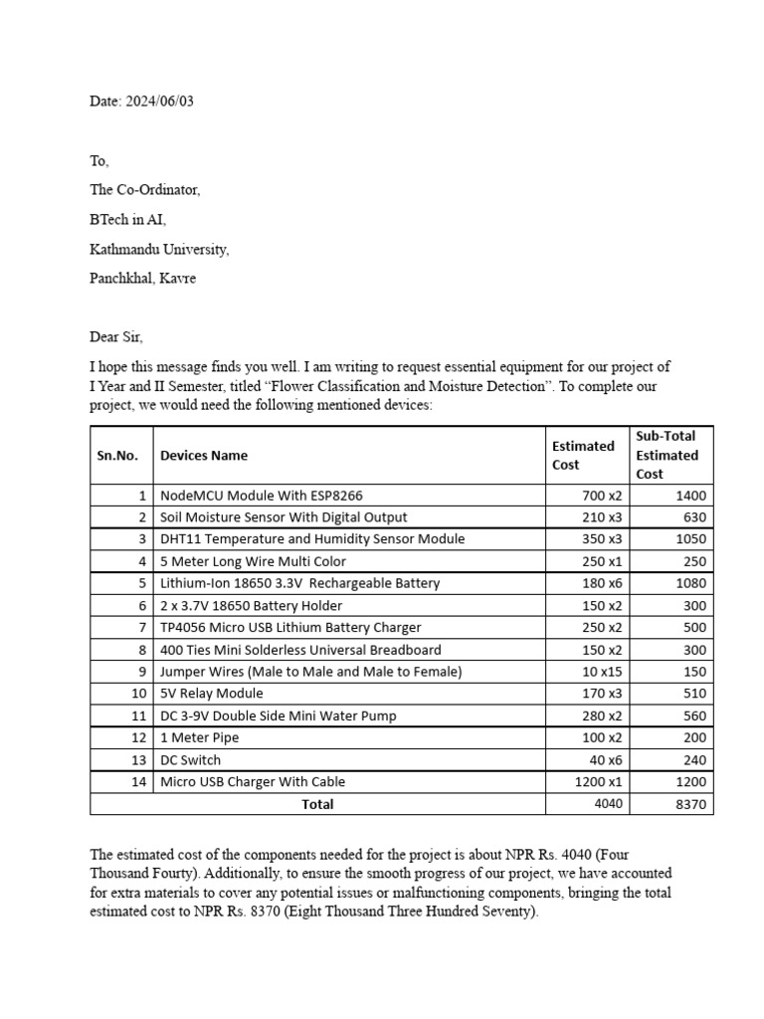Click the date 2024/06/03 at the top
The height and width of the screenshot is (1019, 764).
tap(160, 102)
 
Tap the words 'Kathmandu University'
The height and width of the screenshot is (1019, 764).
tap(158, 249)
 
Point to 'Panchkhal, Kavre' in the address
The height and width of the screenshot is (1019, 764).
tap(142, 279)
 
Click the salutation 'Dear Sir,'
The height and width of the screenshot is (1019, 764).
tap(116, 337)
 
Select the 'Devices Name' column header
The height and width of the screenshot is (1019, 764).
tap(204, 455)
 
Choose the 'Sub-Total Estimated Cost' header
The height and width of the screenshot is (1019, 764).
tap(667, 455)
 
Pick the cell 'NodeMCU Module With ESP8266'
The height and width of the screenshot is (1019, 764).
tap(256, 496)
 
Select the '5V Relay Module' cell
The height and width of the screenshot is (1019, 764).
tap(212, 694)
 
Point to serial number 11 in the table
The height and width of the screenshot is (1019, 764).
tap(139, 715)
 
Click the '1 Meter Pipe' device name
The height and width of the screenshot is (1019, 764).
tap(200, 737)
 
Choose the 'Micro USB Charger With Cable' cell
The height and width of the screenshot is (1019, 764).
tap(253, 781)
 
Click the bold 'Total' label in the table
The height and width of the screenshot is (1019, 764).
tap(317, 804)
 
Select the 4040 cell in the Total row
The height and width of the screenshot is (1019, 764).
tap(608, 803)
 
